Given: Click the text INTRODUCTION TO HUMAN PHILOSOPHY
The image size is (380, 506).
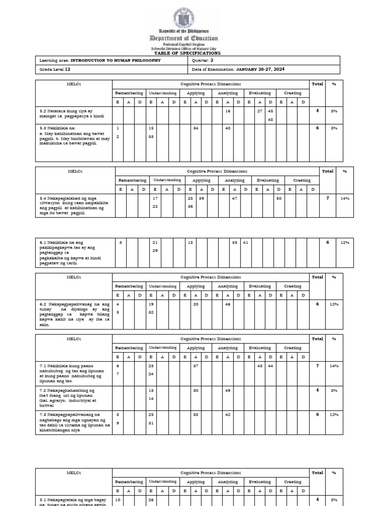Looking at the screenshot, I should (x=109, y=60).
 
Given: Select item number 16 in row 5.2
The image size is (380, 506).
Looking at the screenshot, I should (x=228, y=111).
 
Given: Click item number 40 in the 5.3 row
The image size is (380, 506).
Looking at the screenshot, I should (x=228, y=128).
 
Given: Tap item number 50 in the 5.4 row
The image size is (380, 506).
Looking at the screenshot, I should (x=279, y=198).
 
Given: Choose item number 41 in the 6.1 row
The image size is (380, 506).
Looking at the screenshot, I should (x=245, y=242).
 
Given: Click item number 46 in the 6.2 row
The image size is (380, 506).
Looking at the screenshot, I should (x=228, y=304).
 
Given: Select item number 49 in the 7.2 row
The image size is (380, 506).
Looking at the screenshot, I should (x=228, y=390).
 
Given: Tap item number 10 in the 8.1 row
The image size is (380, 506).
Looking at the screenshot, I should (x=118, y=500).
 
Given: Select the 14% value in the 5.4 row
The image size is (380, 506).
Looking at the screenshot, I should (x=344, y=198).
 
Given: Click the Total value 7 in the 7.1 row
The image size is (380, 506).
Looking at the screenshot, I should (x=317, y=366).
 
